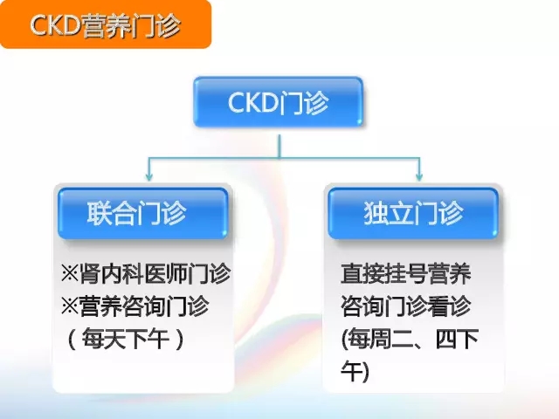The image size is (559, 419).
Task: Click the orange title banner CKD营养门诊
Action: click(x=106, y=24)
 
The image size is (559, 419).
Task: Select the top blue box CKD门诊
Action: click(x=278, y=102)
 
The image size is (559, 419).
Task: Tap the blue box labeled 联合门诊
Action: click(x=142, y=213)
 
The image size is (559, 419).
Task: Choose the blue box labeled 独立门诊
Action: click(x=413, y=213)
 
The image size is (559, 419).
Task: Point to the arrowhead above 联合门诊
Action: click(x=149, y=176)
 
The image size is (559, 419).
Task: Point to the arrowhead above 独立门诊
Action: click(x=419, y=176)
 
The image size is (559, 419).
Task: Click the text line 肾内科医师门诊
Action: click(x=155, y=273)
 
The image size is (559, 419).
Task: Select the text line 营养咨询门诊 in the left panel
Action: click(x=143, y=306)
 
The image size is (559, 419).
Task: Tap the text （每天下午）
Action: click(x=126, y=339)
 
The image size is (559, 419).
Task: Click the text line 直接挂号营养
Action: click(x=406, y=273)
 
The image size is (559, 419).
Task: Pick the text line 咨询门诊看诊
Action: click(x=406, y=306)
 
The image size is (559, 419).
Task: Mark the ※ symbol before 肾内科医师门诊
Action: click(x=70, y=273)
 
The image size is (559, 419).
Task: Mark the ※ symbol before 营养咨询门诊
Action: click(x=70, y=306)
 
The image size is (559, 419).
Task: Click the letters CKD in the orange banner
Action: click(x=55, y=25)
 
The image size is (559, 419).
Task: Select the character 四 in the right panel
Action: click(x=446, y=339)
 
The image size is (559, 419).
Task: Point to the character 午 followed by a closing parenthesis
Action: click(x=351, y=371)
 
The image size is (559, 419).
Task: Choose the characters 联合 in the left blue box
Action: click(x=112, y=213)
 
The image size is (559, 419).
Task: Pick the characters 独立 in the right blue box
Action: click(x=388, y=213)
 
